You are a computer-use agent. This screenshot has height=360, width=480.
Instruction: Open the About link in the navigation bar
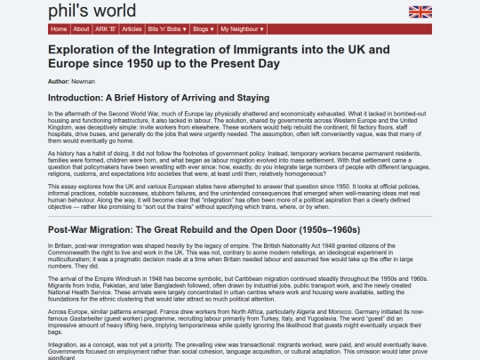(x=81, y=28)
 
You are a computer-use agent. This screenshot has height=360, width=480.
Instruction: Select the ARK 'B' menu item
(x=106, y=28)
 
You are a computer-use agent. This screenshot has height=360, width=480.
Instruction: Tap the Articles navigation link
(x=133, y=28)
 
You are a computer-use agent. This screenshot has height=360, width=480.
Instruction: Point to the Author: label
(x=59, y=81)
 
